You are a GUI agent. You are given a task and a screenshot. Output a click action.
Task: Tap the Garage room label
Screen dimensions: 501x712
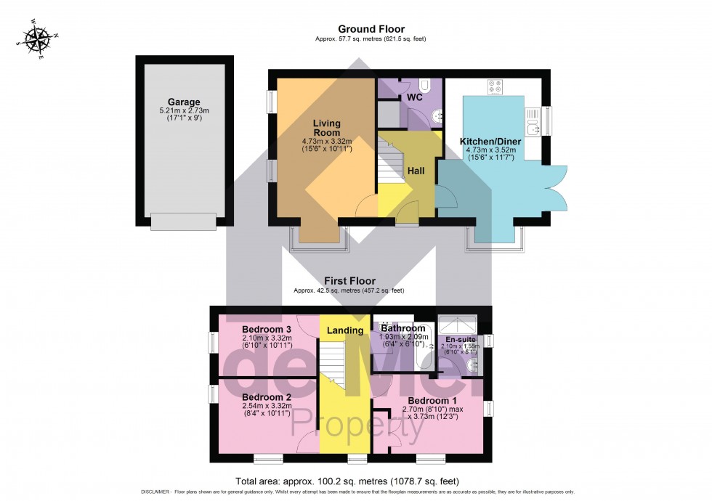click(184, 102)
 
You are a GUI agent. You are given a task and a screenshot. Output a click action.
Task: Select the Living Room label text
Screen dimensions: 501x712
click(327, 128)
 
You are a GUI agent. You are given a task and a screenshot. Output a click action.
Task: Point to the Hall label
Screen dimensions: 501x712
click(416, 171)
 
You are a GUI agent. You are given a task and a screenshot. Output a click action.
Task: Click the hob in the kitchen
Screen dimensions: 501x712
click(495, 87)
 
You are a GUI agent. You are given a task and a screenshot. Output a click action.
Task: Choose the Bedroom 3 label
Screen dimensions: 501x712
click(266, 329)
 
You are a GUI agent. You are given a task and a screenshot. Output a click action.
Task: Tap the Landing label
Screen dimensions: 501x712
click(345, 330)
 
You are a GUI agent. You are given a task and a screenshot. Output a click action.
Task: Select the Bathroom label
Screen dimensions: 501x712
click(402, 328)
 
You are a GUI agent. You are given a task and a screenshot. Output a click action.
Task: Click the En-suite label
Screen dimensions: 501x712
click(459, 338)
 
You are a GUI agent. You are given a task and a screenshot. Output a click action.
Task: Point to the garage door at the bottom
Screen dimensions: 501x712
click(183, 221)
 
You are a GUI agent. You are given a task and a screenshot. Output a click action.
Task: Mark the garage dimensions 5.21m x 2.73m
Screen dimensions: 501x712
click(184, 110)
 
